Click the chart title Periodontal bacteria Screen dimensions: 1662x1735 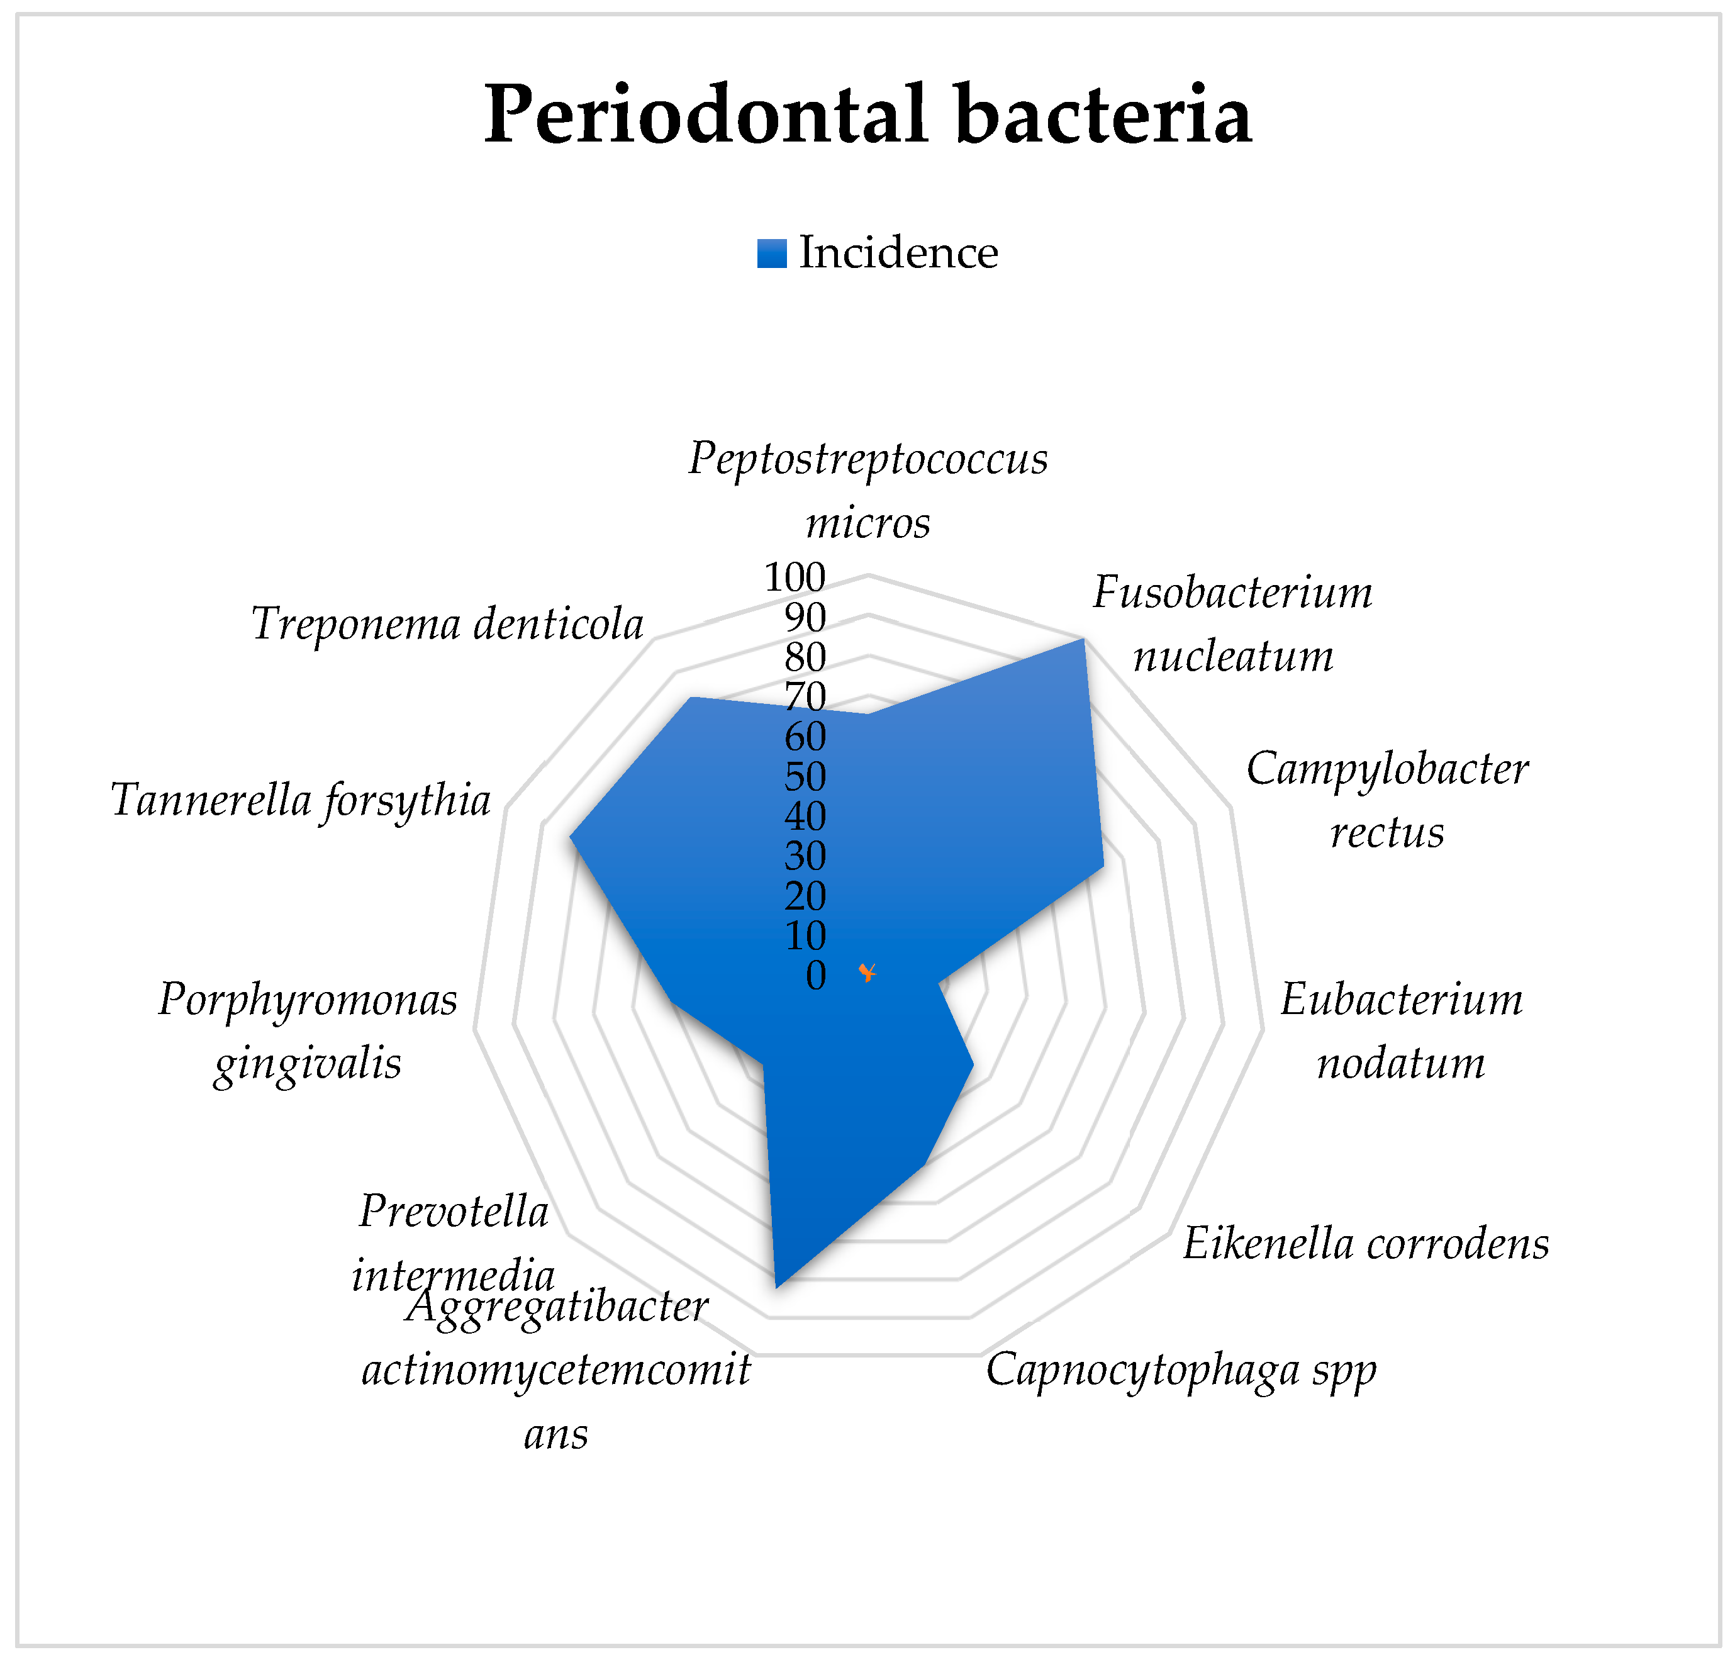(867, 115)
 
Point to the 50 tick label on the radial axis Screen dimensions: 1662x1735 (805, 777)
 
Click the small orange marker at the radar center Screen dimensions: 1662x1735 (867, 973)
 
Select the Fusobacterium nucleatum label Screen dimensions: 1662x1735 (1232, 624)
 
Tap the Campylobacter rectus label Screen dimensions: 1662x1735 (1387, 800)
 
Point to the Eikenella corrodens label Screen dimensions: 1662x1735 (1366, 1244)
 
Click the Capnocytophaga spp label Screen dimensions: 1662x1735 (1181, 1370)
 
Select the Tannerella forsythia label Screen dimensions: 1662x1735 (301, 800)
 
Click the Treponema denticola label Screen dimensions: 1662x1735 (447, 624)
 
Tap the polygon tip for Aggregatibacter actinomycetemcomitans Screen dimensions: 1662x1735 (776, 1286)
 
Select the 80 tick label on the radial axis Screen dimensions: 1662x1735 (805, 657)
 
